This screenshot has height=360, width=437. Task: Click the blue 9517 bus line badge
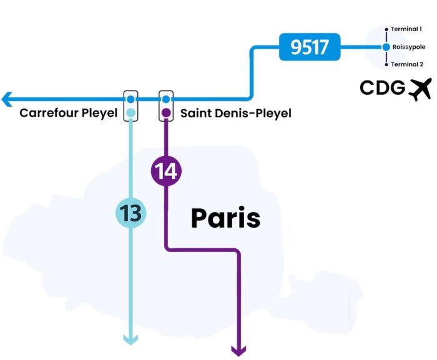click(310, 47)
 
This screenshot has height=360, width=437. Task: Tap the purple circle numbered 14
click(166, 170)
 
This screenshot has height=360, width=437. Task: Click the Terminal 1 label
click(406, 29)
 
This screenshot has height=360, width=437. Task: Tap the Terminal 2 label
click(406, 64)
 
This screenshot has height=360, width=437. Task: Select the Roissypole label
click(409, 47)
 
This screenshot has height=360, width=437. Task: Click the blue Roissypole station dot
click(386, 47)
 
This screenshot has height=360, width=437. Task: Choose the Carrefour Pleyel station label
click(68, 113)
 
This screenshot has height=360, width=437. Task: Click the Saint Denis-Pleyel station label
click(235, 113)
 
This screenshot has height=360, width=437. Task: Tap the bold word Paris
click(225, 218)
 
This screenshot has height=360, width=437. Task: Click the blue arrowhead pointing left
click(7, 99)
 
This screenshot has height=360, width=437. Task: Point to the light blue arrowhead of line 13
click(130, 339)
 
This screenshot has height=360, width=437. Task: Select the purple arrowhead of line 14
click(238, 351)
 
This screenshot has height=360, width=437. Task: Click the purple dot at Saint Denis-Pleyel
click(166, 113)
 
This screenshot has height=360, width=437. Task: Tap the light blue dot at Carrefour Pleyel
click(130, 113)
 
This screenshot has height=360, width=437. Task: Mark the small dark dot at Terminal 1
click(386, 29)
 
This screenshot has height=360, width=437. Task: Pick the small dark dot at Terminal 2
click(386, 64)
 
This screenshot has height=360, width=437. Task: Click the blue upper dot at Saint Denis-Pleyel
click(166, 99)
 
